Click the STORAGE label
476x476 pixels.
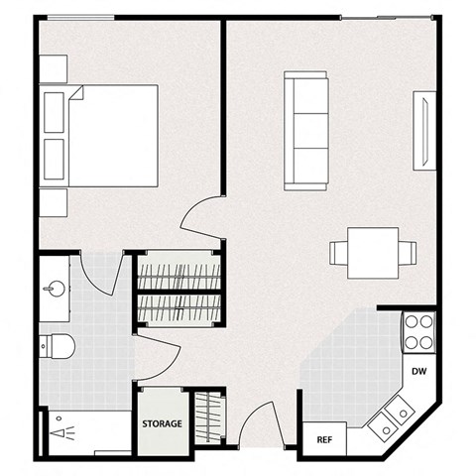click(x=162, y=423)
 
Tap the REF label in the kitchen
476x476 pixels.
click(x=323, y=438)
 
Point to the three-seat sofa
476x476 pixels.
click(x=306, y=130)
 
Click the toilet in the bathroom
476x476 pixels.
click(x=58, y=347)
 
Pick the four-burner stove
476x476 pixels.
click(x=419, y=330)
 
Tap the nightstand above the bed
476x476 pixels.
click(x=54, y=68)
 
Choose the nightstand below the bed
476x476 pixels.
click(x=54, y=203)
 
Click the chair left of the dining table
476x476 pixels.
click(x=338, y=254)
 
